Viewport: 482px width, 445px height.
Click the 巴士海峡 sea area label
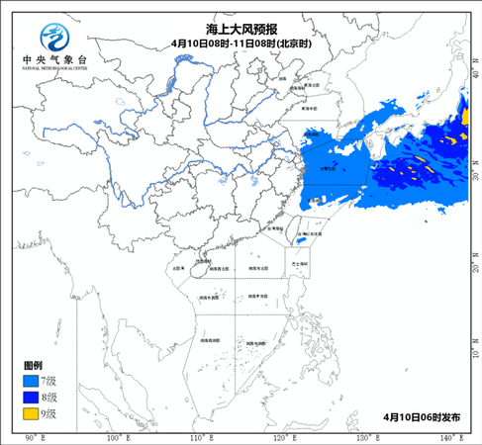tap(300, 265)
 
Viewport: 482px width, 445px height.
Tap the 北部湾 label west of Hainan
tap(179, 267)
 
